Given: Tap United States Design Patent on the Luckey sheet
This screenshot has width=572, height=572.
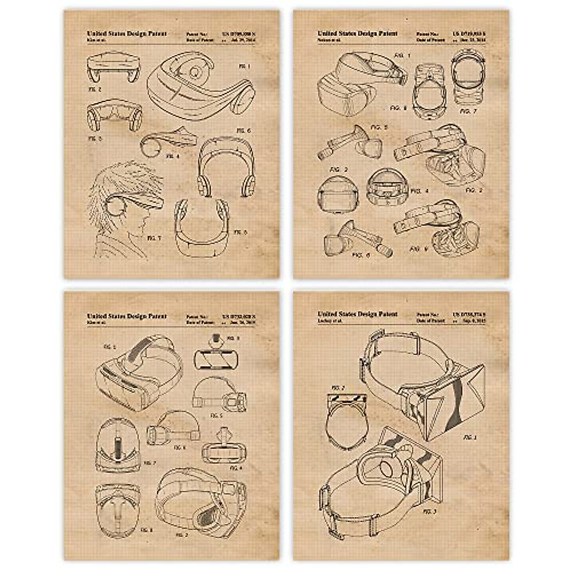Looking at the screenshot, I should (x=357, y=314).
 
